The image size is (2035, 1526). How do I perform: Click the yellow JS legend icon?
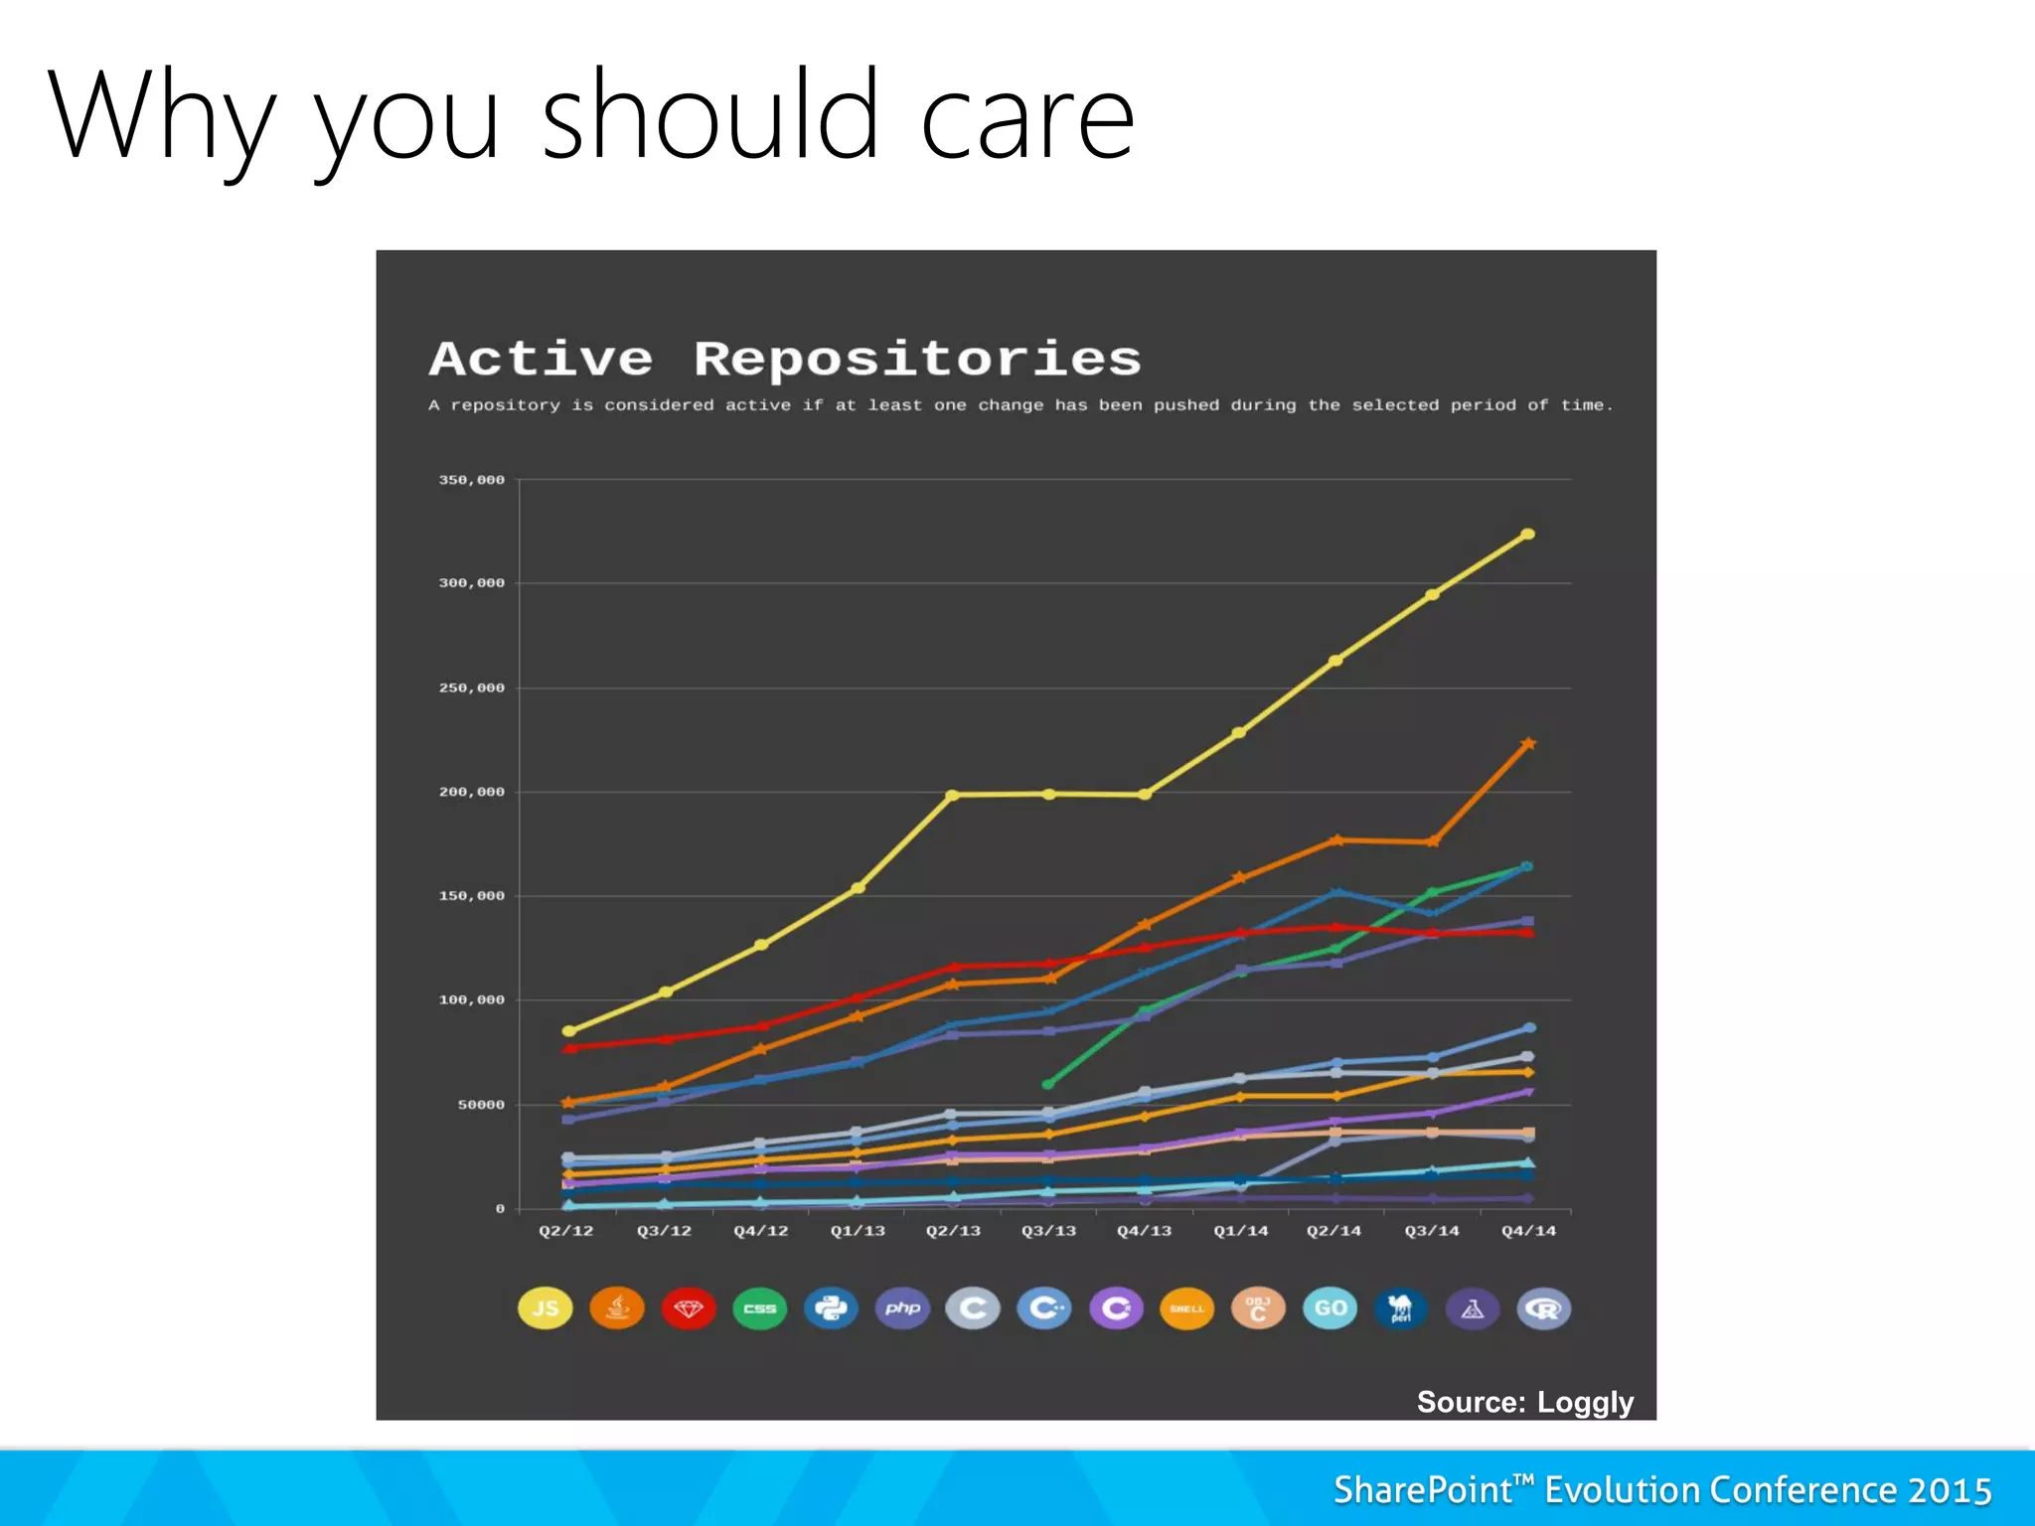tap(546, 1308)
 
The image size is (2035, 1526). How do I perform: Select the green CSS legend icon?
tap(760, 1308)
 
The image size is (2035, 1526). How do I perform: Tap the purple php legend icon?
tap(902, 1308)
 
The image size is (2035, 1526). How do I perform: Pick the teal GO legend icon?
tap(1330, 1308)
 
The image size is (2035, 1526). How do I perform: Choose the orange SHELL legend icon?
tap(1187, 1308)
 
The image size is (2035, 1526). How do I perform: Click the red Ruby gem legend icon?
tap(689, 1308)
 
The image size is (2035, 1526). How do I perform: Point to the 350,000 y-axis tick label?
tap(472, 480)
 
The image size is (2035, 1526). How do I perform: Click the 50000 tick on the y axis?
tap(481, 1105)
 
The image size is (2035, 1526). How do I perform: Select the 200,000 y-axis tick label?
tap(472, 792)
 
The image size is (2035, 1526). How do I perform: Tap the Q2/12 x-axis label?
tap(566, 1231)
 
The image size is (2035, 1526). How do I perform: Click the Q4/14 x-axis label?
tap(1528, 1231)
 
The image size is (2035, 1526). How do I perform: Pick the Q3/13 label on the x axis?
tap(1049, 1231)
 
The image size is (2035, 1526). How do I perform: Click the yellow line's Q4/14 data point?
tap(1528, 534)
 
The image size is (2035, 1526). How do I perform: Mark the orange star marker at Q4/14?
tap(1528, 743)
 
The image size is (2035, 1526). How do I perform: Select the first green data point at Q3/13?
tap(1048, 1084)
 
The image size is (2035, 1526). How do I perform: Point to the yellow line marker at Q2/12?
tap(568, 1031)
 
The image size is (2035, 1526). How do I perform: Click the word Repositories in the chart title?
tap(917, 359)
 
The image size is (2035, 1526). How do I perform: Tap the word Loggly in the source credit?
tap(1585, 1402)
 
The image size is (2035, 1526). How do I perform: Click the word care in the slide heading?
tap(1027, 117)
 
